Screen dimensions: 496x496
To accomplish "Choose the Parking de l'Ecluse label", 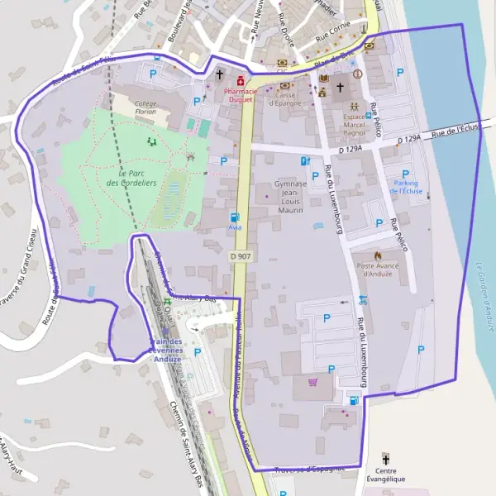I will (406, 187).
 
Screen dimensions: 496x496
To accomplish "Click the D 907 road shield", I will (240, 256).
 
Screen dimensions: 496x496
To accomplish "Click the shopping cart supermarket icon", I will (312, 382).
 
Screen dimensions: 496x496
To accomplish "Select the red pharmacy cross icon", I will (240, 80).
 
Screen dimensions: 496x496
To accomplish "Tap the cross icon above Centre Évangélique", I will (385, 458).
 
